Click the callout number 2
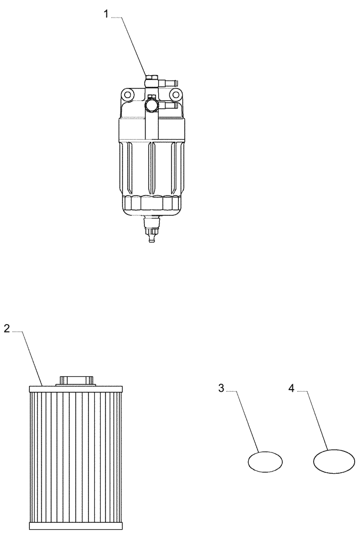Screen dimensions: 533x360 pos(7,328)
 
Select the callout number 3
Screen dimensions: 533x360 pos(221,388)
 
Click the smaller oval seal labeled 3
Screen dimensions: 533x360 pos(265,461)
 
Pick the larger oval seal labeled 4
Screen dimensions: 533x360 pos(334,460)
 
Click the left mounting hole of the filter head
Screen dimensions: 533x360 pos(127,95)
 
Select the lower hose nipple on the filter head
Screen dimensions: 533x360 pos(169,106)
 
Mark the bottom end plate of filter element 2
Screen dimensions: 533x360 pos(76,526)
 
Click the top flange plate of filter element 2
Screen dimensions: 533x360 pos(76,389)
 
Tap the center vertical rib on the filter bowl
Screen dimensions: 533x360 pos(151,165)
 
